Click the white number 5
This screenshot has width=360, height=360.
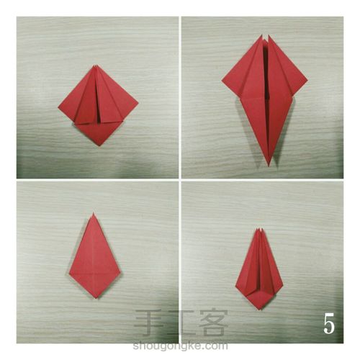pos(329,323)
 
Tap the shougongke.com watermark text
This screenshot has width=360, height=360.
pos(180,346)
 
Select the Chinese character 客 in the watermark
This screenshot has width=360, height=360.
pos(213,323)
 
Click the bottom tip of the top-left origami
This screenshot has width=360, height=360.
pos(99,145)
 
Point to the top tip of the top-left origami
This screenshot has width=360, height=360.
pos(96,66)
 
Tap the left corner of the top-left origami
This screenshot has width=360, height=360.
pos(58,107)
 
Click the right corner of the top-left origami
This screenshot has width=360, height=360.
pos(138,104)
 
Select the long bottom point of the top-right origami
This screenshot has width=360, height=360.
pos(269,166)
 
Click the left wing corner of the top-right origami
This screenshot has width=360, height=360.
pos(222,81)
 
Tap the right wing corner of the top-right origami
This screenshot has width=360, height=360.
pos(307,81)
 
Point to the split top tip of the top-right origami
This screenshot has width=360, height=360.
pos(265,36)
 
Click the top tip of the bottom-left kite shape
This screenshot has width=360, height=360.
pos(94,213)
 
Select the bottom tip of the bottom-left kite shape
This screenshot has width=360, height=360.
pos(96,298)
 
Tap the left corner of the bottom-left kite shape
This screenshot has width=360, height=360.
pos(69,274)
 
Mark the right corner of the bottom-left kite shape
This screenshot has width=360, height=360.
pos(120,273)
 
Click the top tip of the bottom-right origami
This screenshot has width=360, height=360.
pos(259,230)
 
